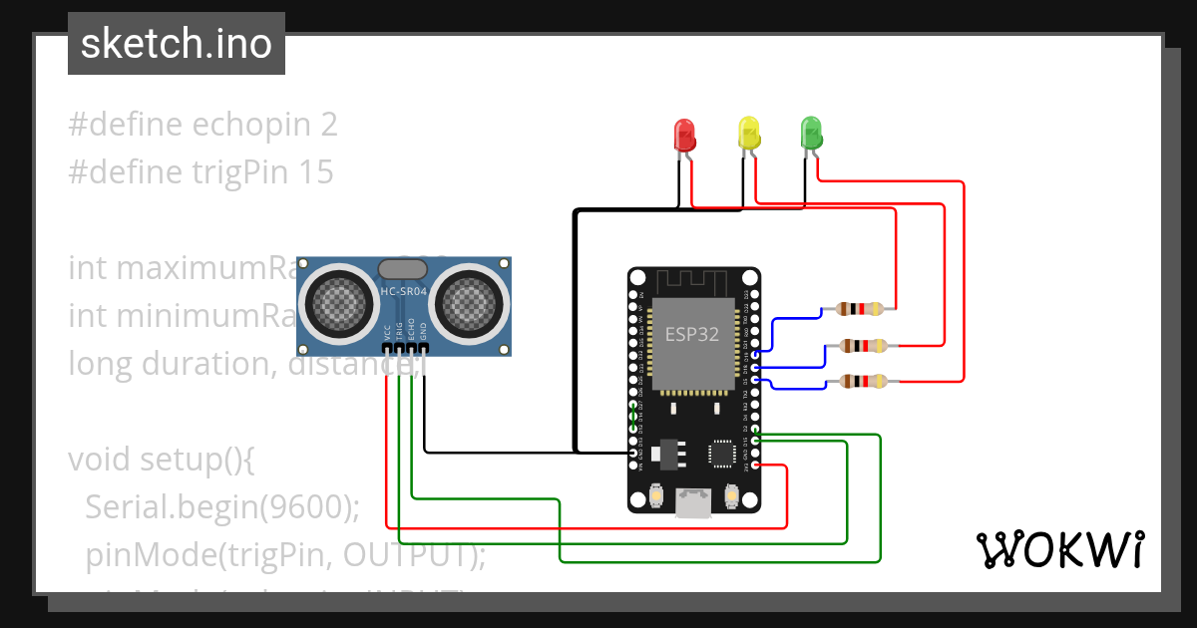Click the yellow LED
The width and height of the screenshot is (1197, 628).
(x=748, y=134)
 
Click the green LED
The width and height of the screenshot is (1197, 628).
(x=811, y=134)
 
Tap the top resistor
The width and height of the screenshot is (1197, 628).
(x=860, y=309)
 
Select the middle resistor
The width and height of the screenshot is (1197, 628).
(x=863, y=346)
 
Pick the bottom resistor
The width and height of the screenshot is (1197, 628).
(x=863, y=381)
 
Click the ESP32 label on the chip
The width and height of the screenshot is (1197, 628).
(x=692, y=334)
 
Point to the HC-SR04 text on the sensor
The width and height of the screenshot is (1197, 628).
(x=403, y=292)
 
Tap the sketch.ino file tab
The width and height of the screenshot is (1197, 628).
(x=177, y=44)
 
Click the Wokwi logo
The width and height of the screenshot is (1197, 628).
(x=1059, y=549)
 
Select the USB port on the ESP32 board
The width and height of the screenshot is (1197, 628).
(x=693, y=502)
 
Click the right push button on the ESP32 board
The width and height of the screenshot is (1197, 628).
(x=731, y=494)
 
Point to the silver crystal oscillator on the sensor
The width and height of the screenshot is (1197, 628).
(x=403, y=267)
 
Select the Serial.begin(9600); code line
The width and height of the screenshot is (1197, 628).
(x=222, y=507)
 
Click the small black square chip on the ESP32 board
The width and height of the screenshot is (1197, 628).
(x=720, y=454)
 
